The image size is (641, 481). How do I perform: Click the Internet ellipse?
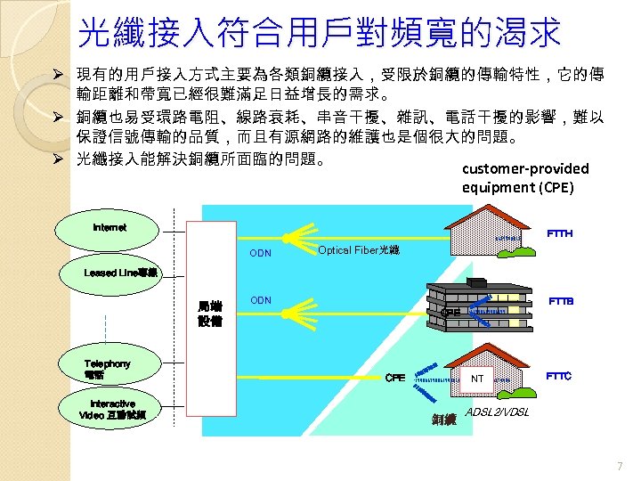pos(110,229)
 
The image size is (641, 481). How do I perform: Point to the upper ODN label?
pos(261,254)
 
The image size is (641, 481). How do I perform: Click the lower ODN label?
pos(261,300)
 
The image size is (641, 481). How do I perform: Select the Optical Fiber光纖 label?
pos(359,251)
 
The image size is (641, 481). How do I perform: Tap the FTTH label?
pos(560,233)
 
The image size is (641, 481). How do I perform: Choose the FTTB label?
pos(561,301)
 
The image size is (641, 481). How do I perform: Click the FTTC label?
pos(559,376)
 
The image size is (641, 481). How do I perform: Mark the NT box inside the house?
pos(477,379)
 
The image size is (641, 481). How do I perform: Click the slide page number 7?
pos(620,467)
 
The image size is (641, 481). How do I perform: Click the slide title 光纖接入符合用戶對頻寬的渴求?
pos(320,33)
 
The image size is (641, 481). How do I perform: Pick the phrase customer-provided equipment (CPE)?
pos(525,178)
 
